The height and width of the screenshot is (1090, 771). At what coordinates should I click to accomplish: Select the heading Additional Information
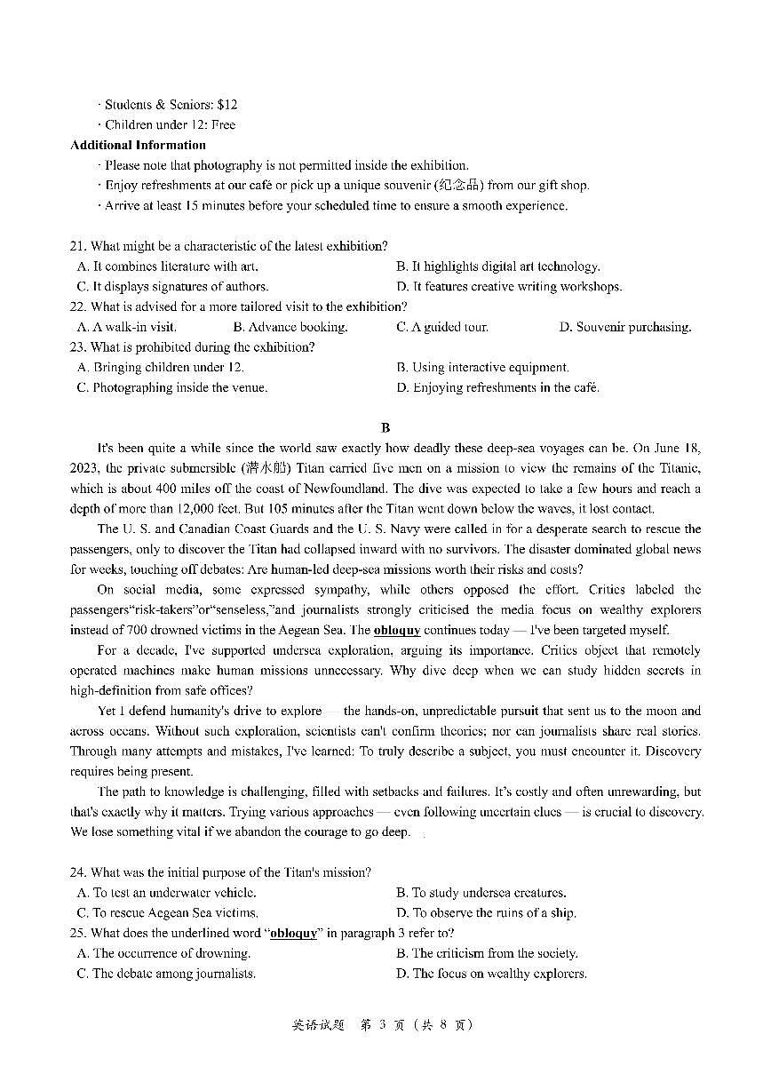tap(138, 145)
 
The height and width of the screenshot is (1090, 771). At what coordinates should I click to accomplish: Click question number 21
tap(77, 246)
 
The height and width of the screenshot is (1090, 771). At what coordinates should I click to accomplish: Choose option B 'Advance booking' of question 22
tap(290, 327)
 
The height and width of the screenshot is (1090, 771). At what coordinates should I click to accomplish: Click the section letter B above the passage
tap(385, 428)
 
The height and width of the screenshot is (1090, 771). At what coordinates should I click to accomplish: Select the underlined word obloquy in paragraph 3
tap(397, 630)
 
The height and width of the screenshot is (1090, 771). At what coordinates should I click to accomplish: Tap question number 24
tap(77, 872)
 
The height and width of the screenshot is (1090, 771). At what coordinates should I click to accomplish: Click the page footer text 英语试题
tap(317, 1024)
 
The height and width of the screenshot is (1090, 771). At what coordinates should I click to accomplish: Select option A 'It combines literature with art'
tap(168, 267)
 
